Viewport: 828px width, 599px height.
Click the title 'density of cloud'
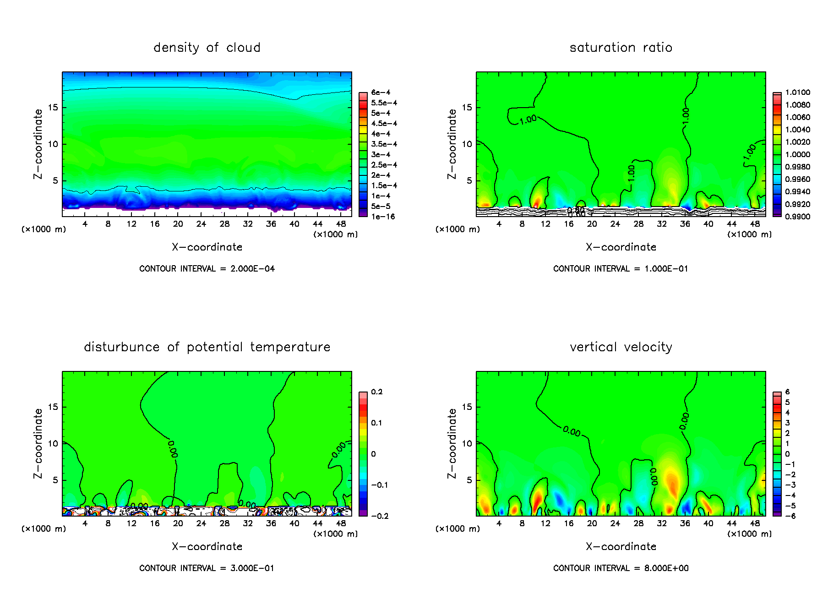[207, 48]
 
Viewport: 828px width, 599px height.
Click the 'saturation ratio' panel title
[621, 48]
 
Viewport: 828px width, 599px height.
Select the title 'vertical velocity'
[621, 347]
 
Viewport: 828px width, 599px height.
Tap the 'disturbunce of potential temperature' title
[207, 347]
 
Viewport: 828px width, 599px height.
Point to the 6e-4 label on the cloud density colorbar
[381, 93]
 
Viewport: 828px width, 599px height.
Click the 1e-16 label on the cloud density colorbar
[383, 217]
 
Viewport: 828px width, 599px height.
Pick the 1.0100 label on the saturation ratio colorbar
[797, 93]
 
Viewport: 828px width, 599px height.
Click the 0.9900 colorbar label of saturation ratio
[797, 217]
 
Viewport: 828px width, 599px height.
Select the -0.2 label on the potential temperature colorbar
[380, 516]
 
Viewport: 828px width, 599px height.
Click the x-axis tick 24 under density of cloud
[201, 224]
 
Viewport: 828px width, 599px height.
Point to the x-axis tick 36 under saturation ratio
[685, 224]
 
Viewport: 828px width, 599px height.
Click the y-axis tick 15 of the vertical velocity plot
[467, 407]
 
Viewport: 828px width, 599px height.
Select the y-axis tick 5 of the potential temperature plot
[55, 480]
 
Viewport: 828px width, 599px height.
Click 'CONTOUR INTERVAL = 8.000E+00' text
[621, 568]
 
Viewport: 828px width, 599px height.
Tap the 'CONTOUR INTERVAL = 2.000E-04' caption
[207, 269]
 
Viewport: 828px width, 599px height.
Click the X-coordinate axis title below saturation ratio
[621, 247]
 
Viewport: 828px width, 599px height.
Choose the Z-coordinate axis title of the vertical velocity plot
[452, 443]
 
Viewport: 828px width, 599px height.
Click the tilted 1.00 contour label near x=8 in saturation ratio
[528, 120]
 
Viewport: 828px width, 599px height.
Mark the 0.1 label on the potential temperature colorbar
[376, 423]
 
